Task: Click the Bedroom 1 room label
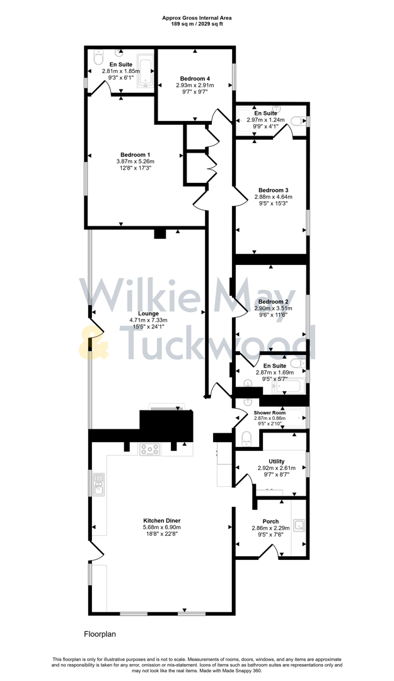135,154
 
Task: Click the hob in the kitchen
150,450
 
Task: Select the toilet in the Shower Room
246,438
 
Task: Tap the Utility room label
276,462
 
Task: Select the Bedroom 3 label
274,190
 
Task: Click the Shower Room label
270,413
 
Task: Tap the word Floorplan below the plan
100,634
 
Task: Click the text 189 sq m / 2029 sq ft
197,24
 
